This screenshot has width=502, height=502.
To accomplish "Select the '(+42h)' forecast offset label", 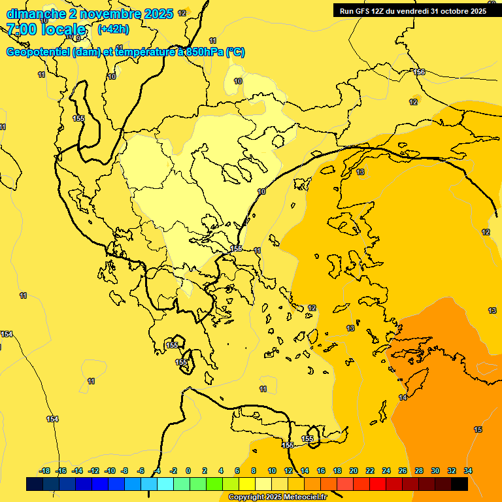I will click(113, 29).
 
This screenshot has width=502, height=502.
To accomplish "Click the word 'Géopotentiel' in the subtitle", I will click(38, 52).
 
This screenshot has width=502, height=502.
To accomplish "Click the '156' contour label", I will click(419, 72).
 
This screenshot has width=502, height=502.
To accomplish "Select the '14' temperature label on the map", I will click(403, 397).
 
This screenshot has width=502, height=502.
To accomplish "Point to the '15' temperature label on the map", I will click(478, 429).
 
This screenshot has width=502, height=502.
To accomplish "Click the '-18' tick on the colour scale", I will click(45, 471).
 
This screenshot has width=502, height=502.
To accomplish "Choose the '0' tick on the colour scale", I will click(188, 471).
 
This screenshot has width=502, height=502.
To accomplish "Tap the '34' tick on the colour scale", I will click(468, 471).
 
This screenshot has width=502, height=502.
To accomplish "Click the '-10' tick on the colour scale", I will click(110, 471).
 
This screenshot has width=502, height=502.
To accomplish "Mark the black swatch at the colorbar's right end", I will click(459, 484).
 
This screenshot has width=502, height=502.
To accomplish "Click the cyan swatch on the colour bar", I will click(165, 484).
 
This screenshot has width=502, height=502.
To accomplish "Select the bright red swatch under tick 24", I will click(378, 484).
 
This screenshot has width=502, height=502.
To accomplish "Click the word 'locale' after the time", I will click(63, 29).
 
